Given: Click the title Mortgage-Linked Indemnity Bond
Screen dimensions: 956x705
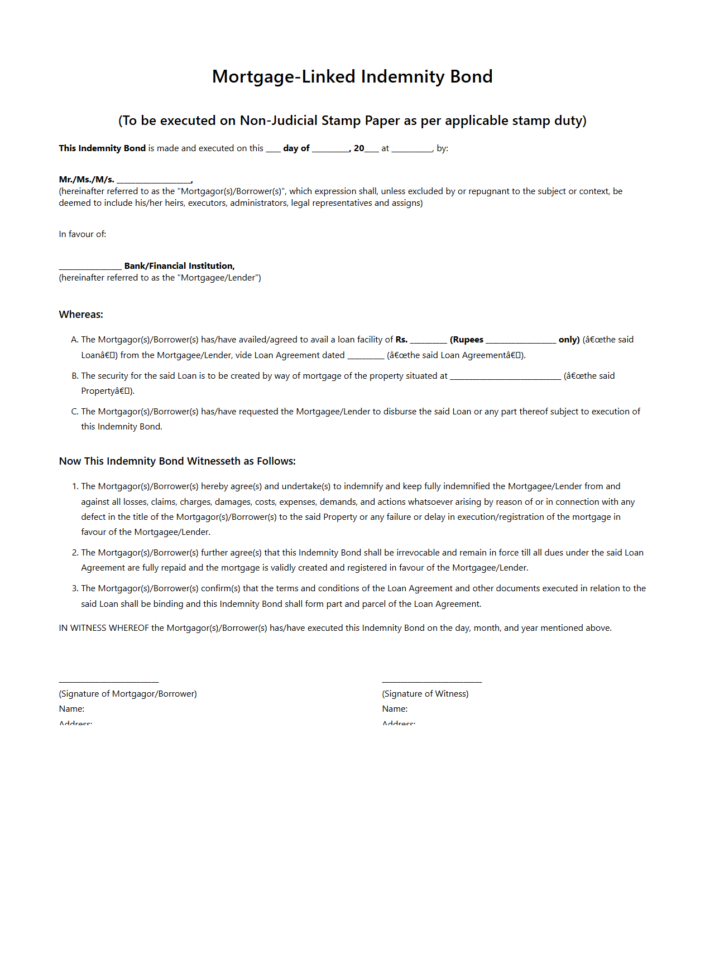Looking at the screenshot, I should pyautogui.click(x=352, y=76).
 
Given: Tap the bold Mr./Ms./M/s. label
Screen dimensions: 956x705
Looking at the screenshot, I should pyautogui.click(x=87, y=180).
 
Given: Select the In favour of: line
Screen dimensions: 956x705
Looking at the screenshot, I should pyautogui.click(x=83, y=234).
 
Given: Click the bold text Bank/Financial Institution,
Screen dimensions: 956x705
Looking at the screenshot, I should pyautogui.click(x=179, y=266).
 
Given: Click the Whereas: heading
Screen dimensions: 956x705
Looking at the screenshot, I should pyautogui.click(x=81, y=315).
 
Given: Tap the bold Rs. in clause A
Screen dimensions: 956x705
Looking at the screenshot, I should pyautogui.click(x=401, y=340).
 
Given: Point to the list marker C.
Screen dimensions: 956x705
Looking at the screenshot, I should pyautogui.click(x=75, y=412).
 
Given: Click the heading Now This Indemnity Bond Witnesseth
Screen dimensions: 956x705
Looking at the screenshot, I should pyautogui.click(x=177, y=461).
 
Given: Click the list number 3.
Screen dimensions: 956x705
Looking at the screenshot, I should pyautogui.click(x=75, y=588).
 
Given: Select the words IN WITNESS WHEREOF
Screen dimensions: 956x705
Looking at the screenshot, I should pyautogui.click(x=104, y=628).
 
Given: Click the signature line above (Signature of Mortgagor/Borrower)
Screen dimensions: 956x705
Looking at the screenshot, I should pyautogui.click(x=109, y=681).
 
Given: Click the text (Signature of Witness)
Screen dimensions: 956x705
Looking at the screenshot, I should pyautogui.click(x=425, y=694).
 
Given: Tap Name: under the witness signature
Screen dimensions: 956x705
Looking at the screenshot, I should pyautogui.click(x=395, y=709).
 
